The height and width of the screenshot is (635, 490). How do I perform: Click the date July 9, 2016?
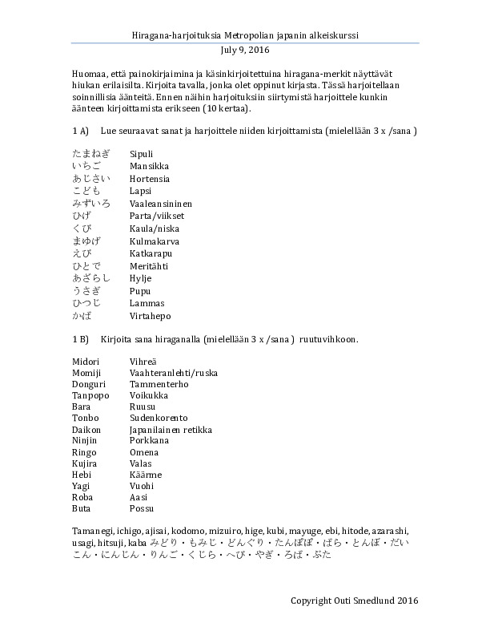tap(245, 48)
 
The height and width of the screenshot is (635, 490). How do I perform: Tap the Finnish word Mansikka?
tap(149, 166)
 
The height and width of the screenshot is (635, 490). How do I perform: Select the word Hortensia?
tap(150, 179)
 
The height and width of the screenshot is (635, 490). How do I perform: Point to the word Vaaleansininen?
tap(161, 204)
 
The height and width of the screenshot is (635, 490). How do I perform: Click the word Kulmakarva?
tap(155, 241)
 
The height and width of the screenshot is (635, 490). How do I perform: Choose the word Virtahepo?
tap(151, 316)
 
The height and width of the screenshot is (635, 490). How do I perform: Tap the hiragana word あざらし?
tap(89, 278)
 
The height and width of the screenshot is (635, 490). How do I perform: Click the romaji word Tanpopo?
tap(90, 397)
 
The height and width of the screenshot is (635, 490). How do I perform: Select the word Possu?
tap(142, 508)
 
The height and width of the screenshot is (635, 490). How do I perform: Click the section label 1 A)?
tap(78, 129)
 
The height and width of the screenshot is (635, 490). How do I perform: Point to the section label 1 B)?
tap(78, 339)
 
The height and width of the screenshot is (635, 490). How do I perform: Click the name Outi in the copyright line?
tap(356, 600)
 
